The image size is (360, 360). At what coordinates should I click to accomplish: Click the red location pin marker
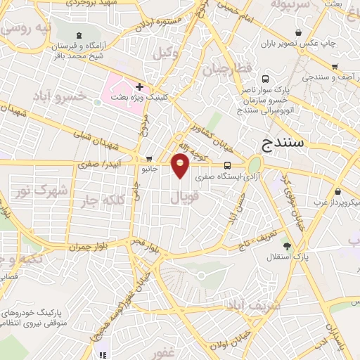pyautogui.click(x=181, y=166)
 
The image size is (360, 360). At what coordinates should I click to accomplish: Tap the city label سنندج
pyautogui.click(x=282, y=143)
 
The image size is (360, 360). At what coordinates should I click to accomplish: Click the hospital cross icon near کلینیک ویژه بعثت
pyautogui.click(x=139, y=86)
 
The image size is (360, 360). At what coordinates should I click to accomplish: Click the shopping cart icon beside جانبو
pyautogui.click(x=148, y=159)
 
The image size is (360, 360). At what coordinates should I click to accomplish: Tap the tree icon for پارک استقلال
pyautogui.click(x=286, y=245)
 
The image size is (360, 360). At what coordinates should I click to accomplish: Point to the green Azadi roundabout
pyautogui.click(x=254, y=165)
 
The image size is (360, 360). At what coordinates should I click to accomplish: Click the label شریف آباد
pyautogui.click(x=253, y=305)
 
